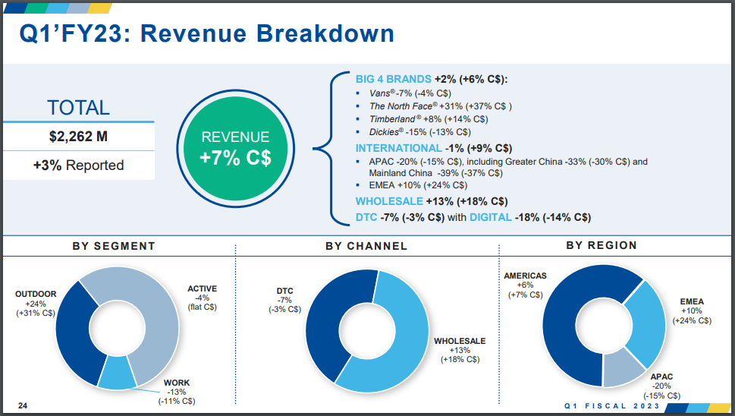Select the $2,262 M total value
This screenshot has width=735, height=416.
click(79, 137)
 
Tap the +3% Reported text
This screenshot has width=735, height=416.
click(79, 165)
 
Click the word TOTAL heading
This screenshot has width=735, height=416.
click(78, 108)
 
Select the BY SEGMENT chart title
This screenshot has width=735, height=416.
click(114, 246)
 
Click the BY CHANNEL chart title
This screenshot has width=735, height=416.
click(366, 246)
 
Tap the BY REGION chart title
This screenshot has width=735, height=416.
click(602, 245)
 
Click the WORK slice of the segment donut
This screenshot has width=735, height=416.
click(116, 373)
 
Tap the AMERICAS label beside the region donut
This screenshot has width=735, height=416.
click(525, 276)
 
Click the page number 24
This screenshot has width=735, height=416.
click(23, 405)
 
